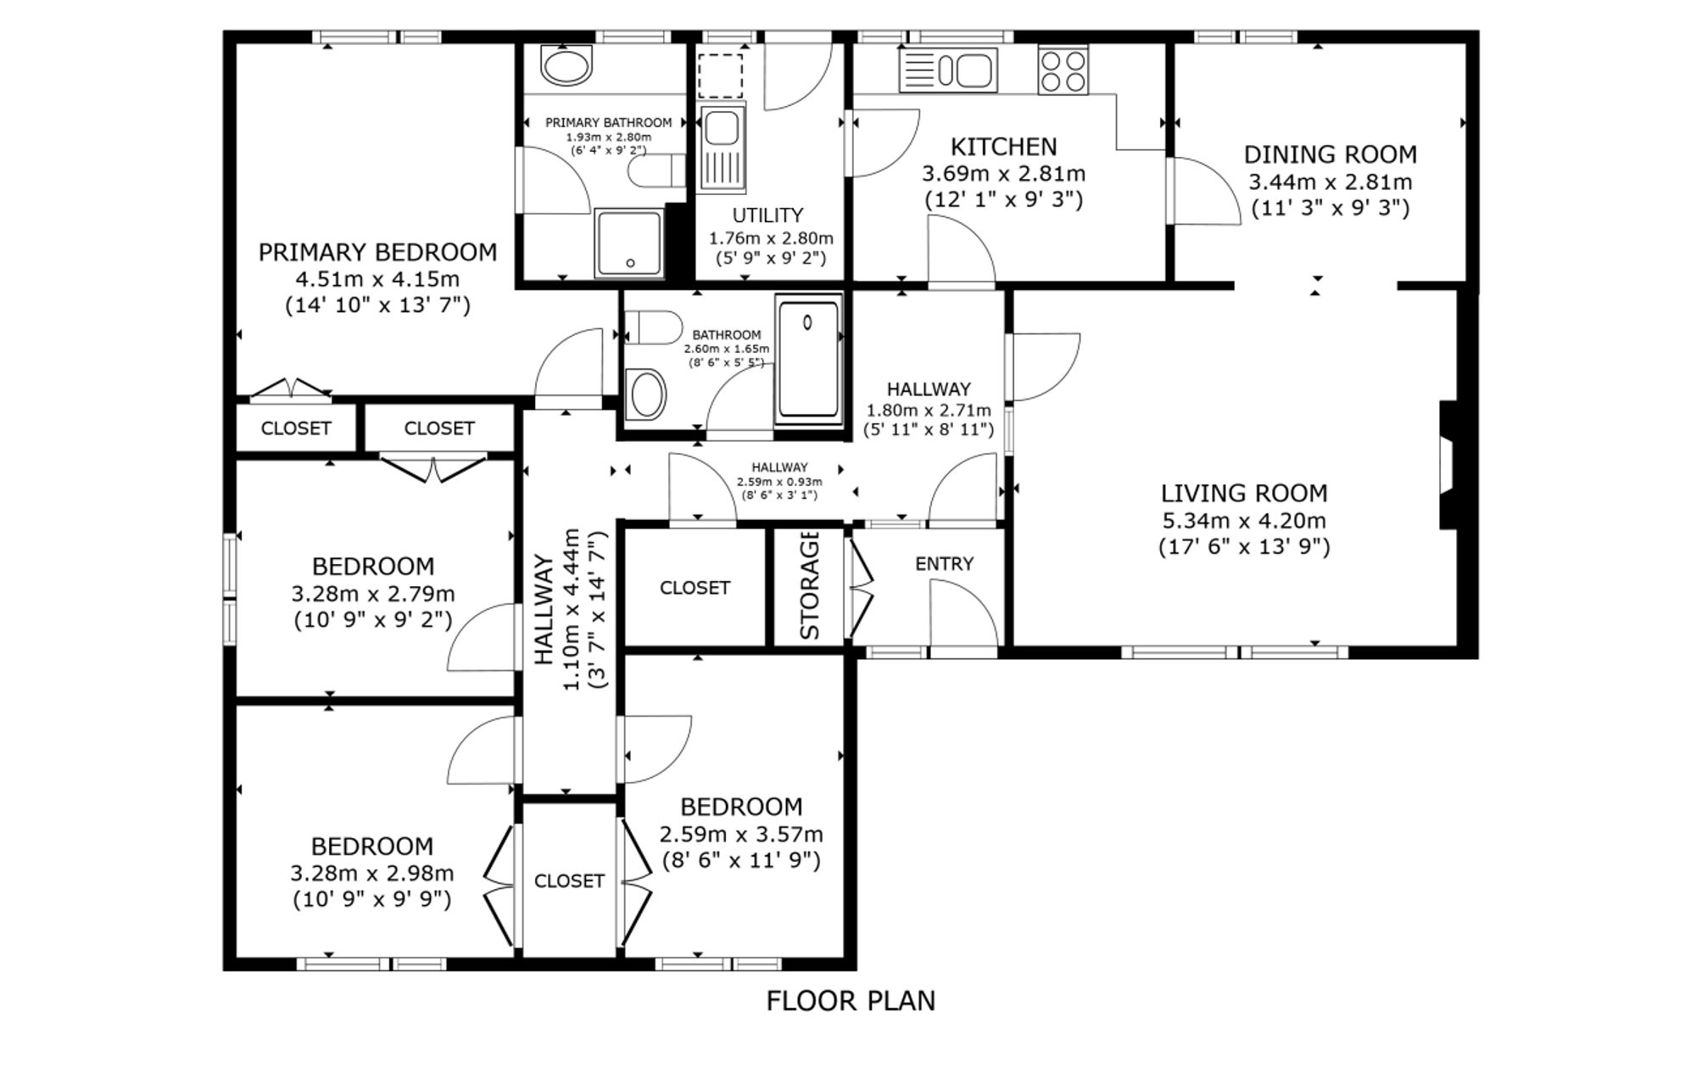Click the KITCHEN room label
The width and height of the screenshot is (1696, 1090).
(1003, 147)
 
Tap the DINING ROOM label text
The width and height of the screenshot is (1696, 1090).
(1330, 154)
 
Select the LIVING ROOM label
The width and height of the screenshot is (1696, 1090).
(1244, 493)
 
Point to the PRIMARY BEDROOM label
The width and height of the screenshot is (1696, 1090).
(377, 252)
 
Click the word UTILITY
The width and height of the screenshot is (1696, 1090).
(767, 215)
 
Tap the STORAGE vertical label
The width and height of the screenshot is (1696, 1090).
(810, 585)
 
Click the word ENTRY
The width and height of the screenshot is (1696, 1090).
(944, 564)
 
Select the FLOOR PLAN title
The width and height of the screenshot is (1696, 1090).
(851, 1001)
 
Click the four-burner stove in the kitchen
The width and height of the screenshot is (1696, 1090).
(1063, 70)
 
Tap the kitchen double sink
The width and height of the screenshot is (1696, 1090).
(948, 70)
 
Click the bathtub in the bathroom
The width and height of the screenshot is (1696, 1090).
(809, 360)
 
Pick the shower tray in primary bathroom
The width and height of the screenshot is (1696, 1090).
(628, 243)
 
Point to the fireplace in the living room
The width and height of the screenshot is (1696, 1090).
(1448, 465)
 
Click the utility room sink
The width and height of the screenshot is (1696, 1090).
(722, 148)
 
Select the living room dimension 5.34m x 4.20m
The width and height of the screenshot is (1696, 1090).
(1244, 520)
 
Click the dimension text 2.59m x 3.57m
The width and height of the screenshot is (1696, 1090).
(741, 834)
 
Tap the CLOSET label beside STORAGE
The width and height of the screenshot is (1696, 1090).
(695, 588)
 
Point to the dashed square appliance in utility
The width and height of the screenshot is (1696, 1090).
(720, 75)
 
